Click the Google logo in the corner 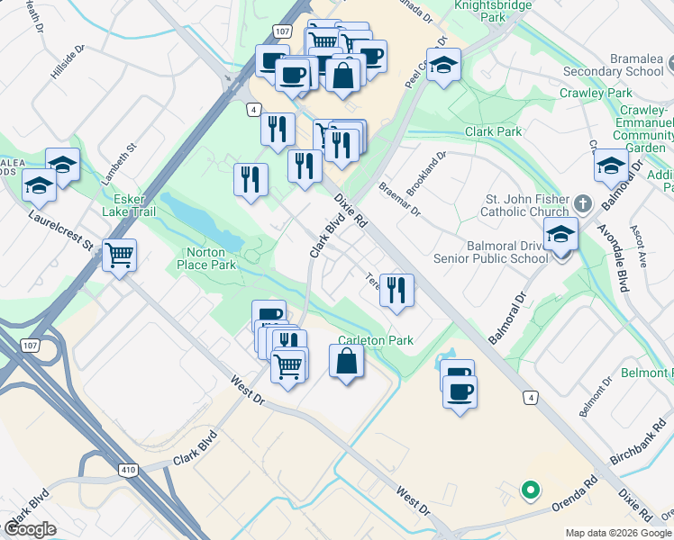(x=30, y=529)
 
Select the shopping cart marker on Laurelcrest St (x=119, y=256)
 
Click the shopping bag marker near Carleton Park (x=347, y=363)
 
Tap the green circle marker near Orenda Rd (x=531, y=490)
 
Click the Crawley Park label (x=596, y=93)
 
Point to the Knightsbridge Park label (x=491, y=11)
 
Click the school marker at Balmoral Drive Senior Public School (x=560, y=235)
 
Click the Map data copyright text (x=617, y=533)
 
